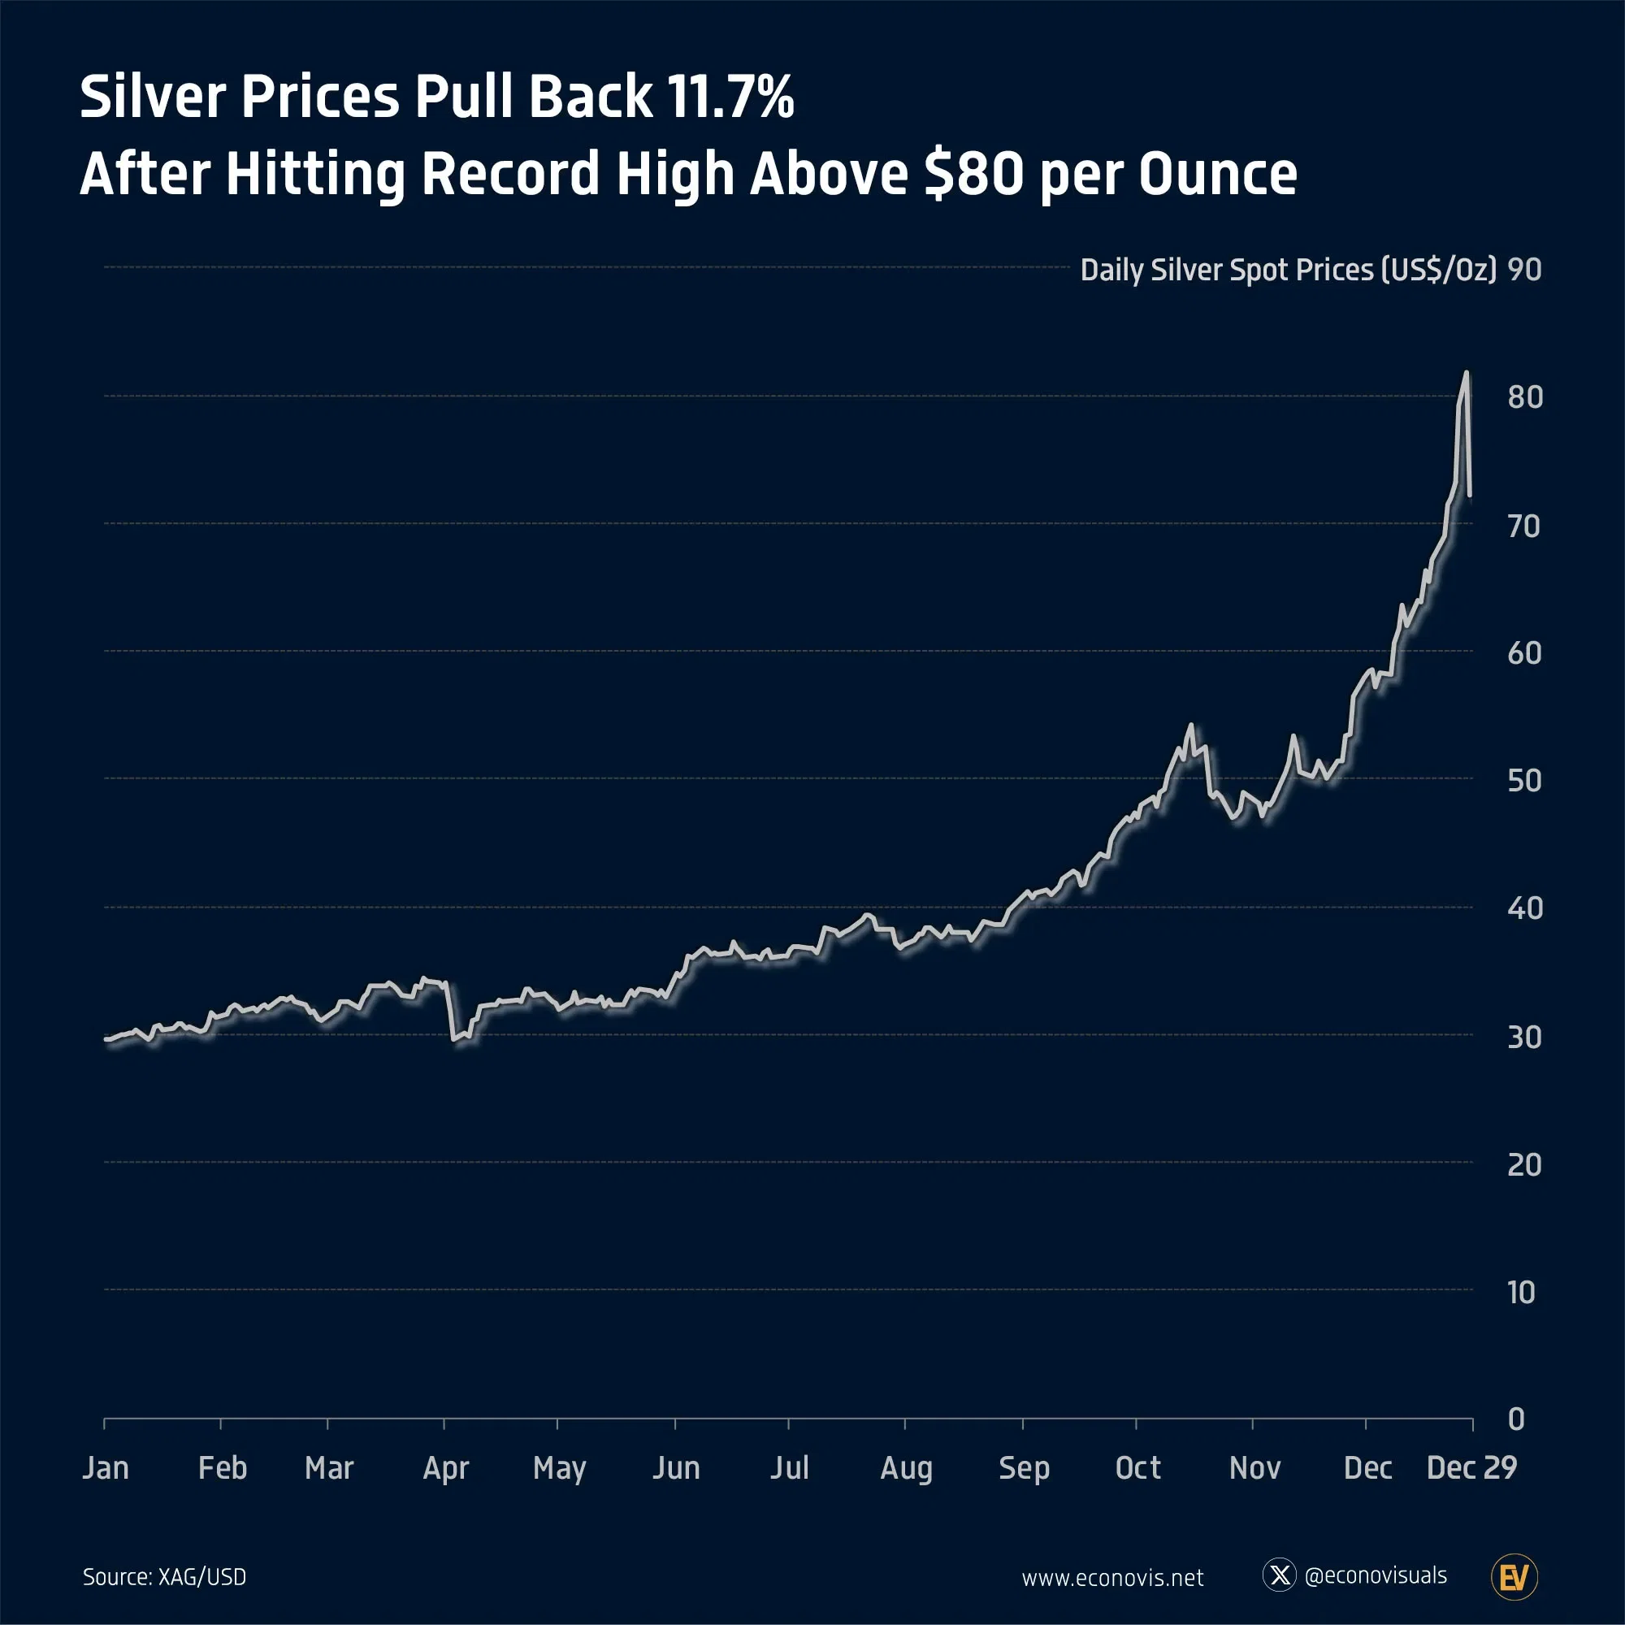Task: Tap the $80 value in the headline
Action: [974, 174]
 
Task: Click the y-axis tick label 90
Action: [1524, 270]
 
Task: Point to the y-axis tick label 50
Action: [1524, 781]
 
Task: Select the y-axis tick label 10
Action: [1521, 1292]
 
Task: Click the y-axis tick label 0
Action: [1516, 1419]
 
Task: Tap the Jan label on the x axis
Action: [106, 1468]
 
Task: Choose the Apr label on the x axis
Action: [445, 1468]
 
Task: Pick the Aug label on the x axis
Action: [906, 1468]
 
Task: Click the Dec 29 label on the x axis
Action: [1471, 1468]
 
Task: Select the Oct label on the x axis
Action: [1137, 1468]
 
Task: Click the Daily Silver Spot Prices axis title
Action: [1288, 270]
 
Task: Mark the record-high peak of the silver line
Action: [1466, 373]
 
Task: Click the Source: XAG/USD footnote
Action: [165, 1577]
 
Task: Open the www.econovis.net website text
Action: [1112, 1578]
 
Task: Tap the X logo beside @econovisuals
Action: [1280, 1575]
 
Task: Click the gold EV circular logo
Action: [1514, 1577]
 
